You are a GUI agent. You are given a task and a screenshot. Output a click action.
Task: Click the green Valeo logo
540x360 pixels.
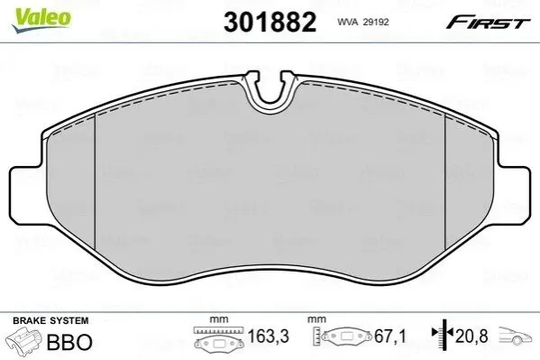41,20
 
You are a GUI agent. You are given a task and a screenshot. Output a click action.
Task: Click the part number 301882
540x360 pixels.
270,22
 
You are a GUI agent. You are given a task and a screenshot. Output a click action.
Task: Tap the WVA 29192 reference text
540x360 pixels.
363,22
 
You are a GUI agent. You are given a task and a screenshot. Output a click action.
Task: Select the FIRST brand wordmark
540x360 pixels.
488,23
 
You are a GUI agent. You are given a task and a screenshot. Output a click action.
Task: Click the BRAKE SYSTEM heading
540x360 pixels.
50,320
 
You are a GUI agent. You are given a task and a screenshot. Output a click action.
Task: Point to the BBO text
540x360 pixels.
69,342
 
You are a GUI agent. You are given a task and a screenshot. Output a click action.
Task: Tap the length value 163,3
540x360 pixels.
269,337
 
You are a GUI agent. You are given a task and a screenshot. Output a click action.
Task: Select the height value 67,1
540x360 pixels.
390,337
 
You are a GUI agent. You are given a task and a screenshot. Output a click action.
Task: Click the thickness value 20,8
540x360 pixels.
471,337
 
